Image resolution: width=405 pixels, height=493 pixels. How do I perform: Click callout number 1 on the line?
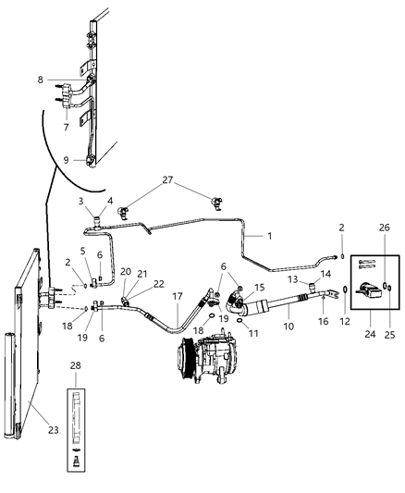coord(268,237)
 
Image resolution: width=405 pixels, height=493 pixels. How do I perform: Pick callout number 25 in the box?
coord(387,324)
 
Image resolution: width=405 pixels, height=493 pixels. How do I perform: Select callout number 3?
coord(80,201)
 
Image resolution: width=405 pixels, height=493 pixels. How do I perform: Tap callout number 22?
coord(158,283)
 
